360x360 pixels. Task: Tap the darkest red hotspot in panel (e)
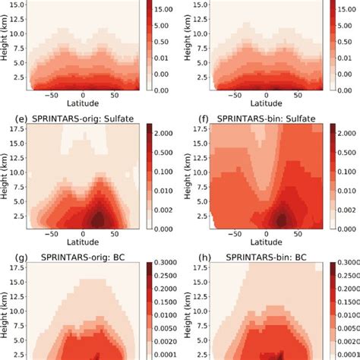pyautogui.click(x=97, y=219)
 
